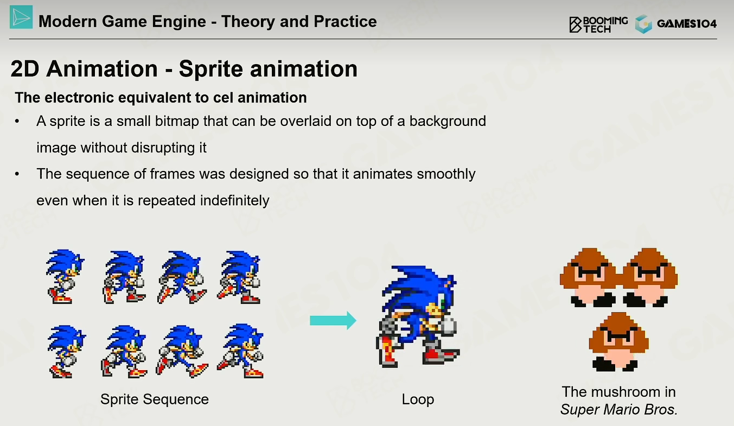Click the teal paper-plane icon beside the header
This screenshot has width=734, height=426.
tap(21, 17)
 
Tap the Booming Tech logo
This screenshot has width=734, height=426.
tap(598, 24)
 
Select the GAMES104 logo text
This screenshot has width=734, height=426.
tap(686, 23)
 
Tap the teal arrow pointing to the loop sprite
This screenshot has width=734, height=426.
tap(333, 320)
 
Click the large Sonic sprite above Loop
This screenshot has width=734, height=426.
tap(418, 316)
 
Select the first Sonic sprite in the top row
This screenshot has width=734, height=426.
tap(65, 277)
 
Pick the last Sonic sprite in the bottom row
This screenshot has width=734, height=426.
tap(240, 351)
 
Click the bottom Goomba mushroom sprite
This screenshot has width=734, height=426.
tap(618, 342)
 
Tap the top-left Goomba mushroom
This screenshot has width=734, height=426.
tap(589, 277)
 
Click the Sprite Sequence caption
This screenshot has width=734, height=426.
tap(154, 399)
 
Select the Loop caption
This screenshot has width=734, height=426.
tap(418, 399)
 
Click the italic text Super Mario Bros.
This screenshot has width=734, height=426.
tap(618, 410)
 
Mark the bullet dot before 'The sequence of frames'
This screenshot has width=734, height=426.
tap(17, 174)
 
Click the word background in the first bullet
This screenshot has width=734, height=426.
tap(448, 122)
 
